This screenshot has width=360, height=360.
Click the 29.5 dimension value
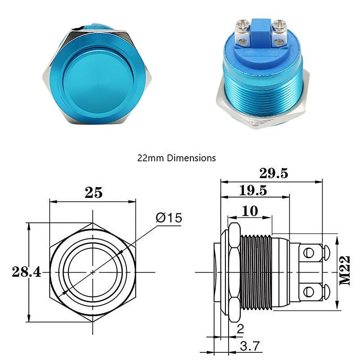click(x=274, y=173)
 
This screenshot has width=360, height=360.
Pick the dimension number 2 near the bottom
click(x=240, y=329)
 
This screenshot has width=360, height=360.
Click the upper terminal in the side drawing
click(x=310, y=252)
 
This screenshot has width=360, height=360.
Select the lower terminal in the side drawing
click(x=310, y=292)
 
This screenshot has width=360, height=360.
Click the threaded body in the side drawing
click(x=256, y=272)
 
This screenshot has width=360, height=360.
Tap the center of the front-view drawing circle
click(x=93, y=272)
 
